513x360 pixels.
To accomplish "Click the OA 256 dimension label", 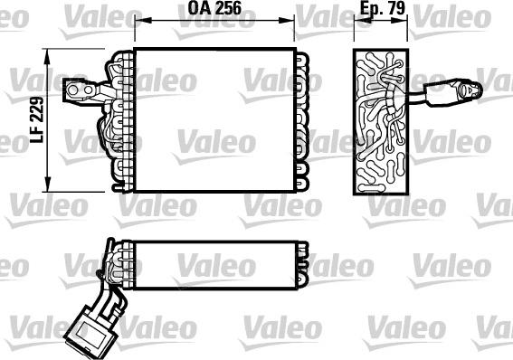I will coord(214,10).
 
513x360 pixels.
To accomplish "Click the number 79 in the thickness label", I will coord(394,10).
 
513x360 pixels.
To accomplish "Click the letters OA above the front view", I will coord(196,10).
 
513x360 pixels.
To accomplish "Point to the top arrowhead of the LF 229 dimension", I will coord(46,50).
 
